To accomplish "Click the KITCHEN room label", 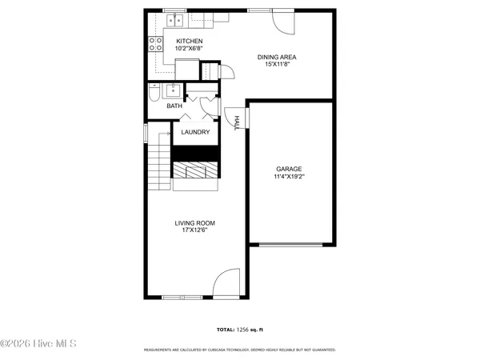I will coord(190,41).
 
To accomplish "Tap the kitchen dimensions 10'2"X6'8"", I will coord(190,49).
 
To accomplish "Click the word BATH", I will coord(174,106).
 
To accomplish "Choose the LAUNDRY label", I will coord(195,132).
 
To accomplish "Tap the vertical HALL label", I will coord(237,122).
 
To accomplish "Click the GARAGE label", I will coord(289,169).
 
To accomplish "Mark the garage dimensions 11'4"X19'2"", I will coord(289,176).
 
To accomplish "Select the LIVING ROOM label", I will coord(195,223).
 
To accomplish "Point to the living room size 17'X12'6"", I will coord(195,230).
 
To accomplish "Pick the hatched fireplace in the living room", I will coord(195,170).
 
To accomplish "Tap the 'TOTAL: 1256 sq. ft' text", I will coord(239,329).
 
